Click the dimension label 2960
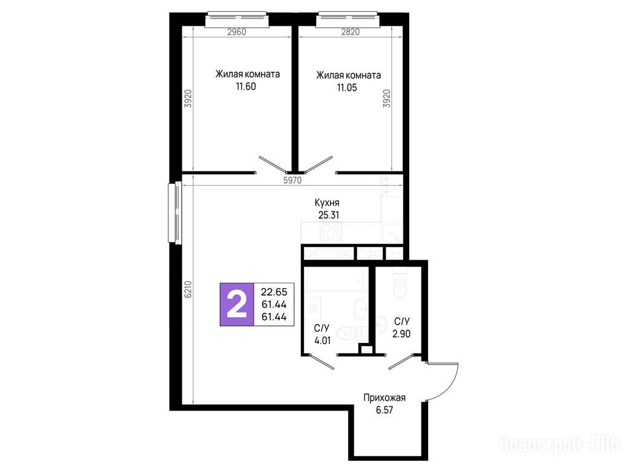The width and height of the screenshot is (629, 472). click(x=236, y=32)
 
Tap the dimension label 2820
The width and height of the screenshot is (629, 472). click(x=350, y=32)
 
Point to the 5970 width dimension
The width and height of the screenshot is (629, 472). click(x=292, y=181)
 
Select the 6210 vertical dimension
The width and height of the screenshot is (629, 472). click(x=188, y=289)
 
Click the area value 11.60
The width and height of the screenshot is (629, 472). click(x=246, y=86)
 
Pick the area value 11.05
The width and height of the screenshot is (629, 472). click(x=347, y=87)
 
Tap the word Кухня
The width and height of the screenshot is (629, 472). click(x=327, y=203)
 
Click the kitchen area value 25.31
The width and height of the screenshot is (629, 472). click(x=329, y=215)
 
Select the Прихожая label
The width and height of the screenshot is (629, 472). click(x=385, y=398)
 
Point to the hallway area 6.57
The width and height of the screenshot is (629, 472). click(x=385, y=410)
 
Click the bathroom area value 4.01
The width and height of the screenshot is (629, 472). click(x=322, y=340)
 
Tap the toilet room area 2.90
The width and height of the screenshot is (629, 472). click(x=402, y=334)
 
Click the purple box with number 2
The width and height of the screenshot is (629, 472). click(x=236, y=304)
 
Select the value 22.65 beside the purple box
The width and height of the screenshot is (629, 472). click(x=274, y=292)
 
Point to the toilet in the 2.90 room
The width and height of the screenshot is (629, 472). click(x=400, y=283)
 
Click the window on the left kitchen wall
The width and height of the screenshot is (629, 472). click(x=175, y=213)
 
